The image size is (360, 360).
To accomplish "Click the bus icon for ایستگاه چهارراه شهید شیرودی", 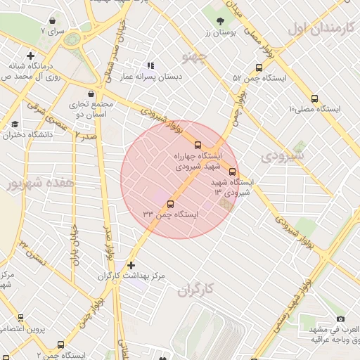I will [197, 145].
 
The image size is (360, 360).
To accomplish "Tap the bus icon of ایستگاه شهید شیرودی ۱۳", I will [233, 172].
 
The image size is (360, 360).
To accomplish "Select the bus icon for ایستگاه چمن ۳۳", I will [170, 204].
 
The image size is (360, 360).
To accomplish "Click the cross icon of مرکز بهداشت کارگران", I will [131, 265].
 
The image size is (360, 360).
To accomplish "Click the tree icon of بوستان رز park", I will [221, 21].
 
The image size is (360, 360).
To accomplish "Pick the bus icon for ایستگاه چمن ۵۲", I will [259, 68].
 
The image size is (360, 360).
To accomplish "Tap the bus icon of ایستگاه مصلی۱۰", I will [314, 99].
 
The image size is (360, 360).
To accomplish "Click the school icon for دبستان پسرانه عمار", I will [150, 65].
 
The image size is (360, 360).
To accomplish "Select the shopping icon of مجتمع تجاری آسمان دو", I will [91, 94].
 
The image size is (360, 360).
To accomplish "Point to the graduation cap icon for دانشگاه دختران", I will [15, 124].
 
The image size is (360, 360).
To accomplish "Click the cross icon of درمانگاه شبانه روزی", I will [30, 55].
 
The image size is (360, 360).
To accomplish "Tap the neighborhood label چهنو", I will [195, 56].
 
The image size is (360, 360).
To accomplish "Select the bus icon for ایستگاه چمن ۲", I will [60, 345].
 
